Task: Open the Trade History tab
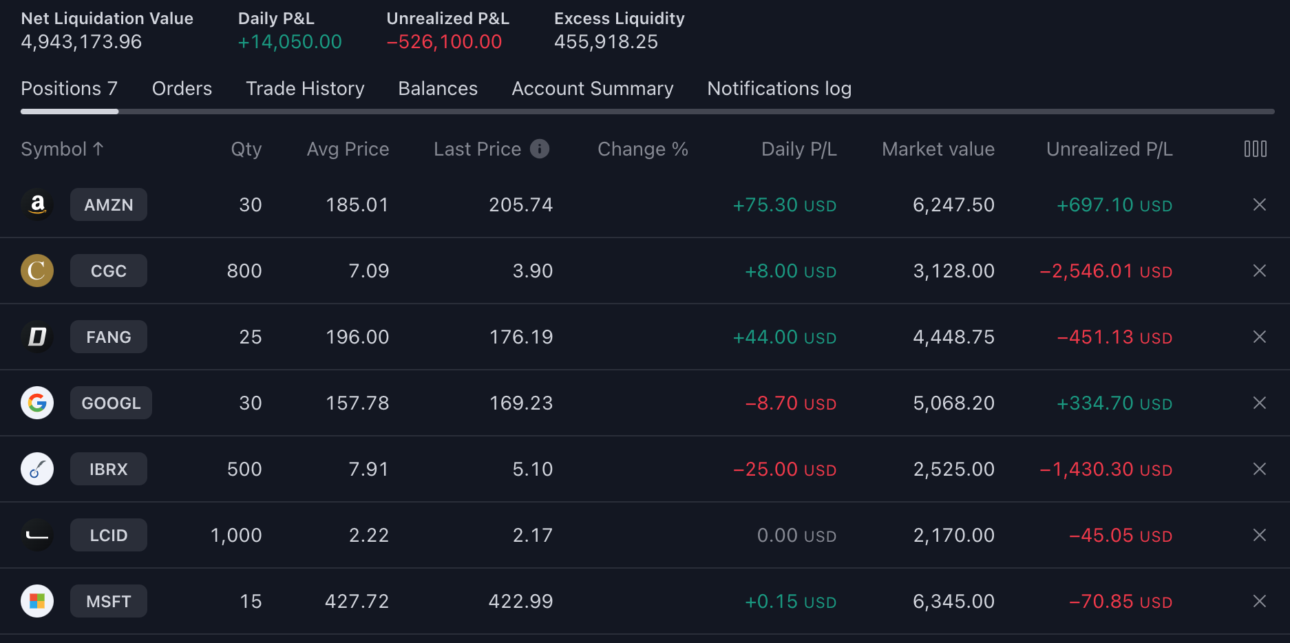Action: (305, 89)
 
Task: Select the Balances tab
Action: (438, 89)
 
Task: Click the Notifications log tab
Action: (779, 89)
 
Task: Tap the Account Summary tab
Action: (592, 89)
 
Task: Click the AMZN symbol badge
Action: (109, 205)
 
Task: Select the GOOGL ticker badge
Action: (111, 403)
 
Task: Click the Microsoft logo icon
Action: (37, 602)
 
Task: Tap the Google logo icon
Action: (37, 403)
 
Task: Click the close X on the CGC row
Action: (1259, 271)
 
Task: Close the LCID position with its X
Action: (1259, 536)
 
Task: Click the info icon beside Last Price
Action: (540, 149)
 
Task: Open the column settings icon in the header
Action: (1255, 149)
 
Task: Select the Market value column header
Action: (938, 149)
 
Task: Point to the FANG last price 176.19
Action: (520, 337)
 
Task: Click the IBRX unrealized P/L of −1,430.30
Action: (1106, 470)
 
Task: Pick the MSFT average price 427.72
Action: (357, 602)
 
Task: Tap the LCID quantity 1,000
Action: (236, 536)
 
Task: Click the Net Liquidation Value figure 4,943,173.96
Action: (81, 42)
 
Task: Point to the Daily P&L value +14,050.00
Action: (290, 42)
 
